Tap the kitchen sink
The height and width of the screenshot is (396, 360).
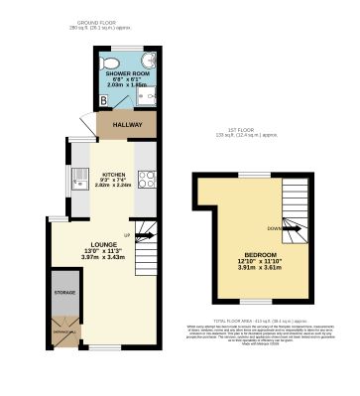point(77,180)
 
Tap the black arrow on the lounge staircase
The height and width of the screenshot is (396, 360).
point(142,236)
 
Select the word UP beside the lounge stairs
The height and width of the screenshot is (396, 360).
point(126,234)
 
